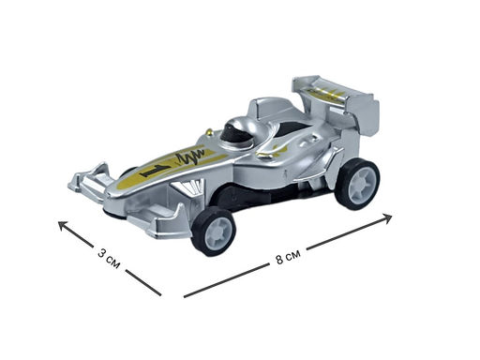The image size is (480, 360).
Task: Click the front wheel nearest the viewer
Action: pos(214,231)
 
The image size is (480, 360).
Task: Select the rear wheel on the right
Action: pos(357,184)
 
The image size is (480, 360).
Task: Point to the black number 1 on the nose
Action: pos(156,171)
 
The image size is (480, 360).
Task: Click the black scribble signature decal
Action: pos(191,157)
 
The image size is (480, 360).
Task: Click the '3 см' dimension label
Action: pos(109,258)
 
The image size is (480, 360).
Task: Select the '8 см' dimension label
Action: pos(288,257)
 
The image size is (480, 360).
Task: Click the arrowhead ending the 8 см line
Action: pos(387,217)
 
